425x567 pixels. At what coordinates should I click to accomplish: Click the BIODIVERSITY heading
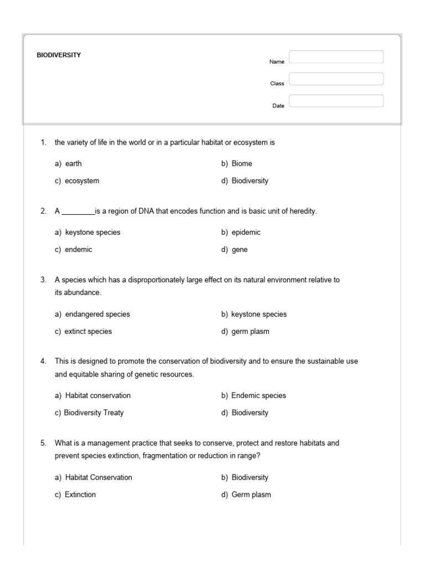coord(59,55)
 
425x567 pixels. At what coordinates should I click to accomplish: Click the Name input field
coord(336,57)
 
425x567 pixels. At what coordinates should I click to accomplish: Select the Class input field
coord(336,79)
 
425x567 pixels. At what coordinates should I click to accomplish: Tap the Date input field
coord(336,101)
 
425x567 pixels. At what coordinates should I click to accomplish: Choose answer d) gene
coord(234,250)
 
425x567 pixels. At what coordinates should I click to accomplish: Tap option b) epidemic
coord(241,233)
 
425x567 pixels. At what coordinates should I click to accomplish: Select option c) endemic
coord(73,250)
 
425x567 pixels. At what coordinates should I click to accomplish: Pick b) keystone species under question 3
coord(254,315)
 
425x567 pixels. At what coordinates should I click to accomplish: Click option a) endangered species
coord(92,315)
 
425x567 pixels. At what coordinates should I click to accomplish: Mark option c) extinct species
coord(83,332)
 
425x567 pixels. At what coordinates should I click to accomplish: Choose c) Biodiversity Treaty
coord(89,413)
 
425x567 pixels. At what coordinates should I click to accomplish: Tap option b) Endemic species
coord(253,396)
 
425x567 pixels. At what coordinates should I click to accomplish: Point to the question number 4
coord(43,362)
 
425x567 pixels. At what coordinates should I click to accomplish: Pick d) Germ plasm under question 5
coord(246,494)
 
